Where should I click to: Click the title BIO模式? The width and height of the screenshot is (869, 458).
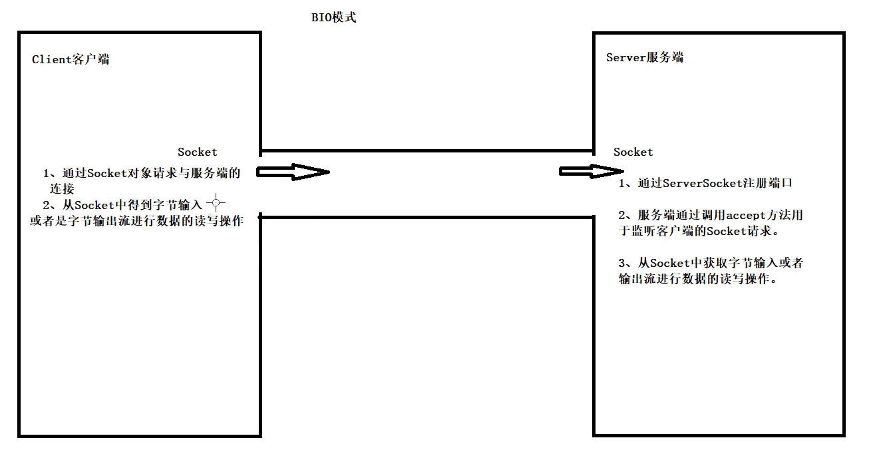(x=334, y=18)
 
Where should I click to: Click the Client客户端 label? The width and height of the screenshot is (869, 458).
(x=71, y=59)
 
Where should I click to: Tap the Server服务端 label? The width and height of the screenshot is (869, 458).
(x=645, y=57)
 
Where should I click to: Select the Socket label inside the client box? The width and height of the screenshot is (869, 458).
(x=198, y=152)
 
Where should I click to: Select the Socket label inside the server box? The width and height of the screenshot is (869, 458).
(x=633, y=152)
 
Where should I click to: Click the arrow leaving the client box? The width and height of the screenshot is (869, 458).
(x=293, y=172)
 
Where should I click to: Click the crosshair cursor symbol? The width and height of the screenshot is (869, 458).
(x=216, y=203)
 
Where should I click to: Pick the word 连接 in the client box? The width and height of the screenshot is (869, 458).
(x=62, y=189)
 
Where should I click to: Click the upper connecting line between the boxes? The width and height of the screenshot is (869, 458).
(x=426, y=150)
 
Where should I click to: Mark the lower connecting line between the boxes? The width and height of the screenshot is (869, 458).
(x=426, y=216)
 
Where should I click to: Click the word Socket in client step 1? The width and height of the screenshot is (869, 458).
(x=106, y=174)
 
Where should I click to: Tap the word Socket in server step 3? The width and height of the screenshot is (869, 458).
(x=669, y=263)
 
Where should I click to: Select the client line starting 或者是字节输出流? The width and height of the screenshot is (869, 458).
(x=136, y=222)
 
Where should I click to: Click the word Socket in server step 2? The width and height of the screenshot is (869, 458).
(x=726, y=232)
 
